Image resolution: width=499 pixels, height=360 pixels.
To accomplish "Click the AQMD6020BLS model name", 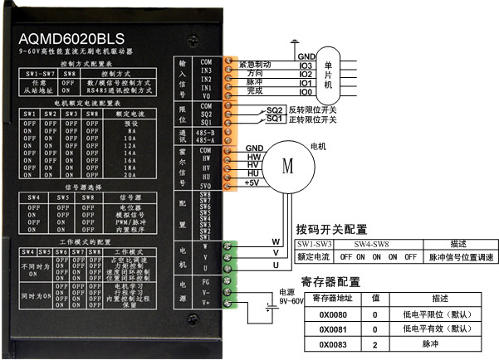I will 72,39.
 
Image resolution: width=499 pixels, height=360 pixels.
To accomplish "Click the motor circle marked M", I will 288,164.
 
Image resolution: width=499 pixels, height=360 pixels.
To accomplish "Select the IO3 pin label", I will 306,65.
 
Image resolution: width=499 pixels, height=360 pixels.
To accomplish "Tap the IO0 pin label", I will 306,91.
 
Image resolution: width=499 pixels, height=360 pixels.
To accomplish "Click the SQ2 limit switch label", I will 275,110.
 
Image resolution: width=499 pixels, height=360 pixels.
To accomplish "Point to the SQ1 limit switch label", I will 275,119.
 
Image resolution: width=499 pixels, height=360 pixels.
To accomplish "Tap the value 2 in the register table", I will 375,343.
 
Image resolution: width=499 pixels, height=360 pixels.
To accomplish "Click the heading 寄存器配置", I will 330,282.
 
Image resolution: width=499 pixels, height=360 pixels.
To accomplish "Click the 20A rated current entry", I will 130,175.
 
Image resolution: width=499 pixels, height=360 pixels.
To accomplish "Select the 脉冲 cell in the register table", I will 429,343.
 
